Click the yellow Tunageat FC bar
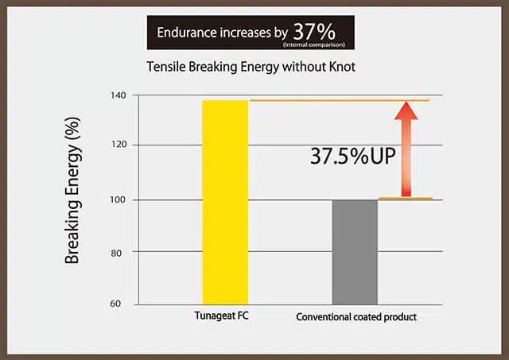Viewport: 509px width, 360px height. [x=225, y=202]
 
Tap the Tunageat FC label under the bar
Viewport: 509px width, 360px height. [x=223, y=316]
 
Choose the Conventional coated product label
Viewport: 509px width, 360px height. [x=356, y=317]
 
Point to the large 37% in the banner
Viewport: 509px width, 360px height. [x=314, y=31]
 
